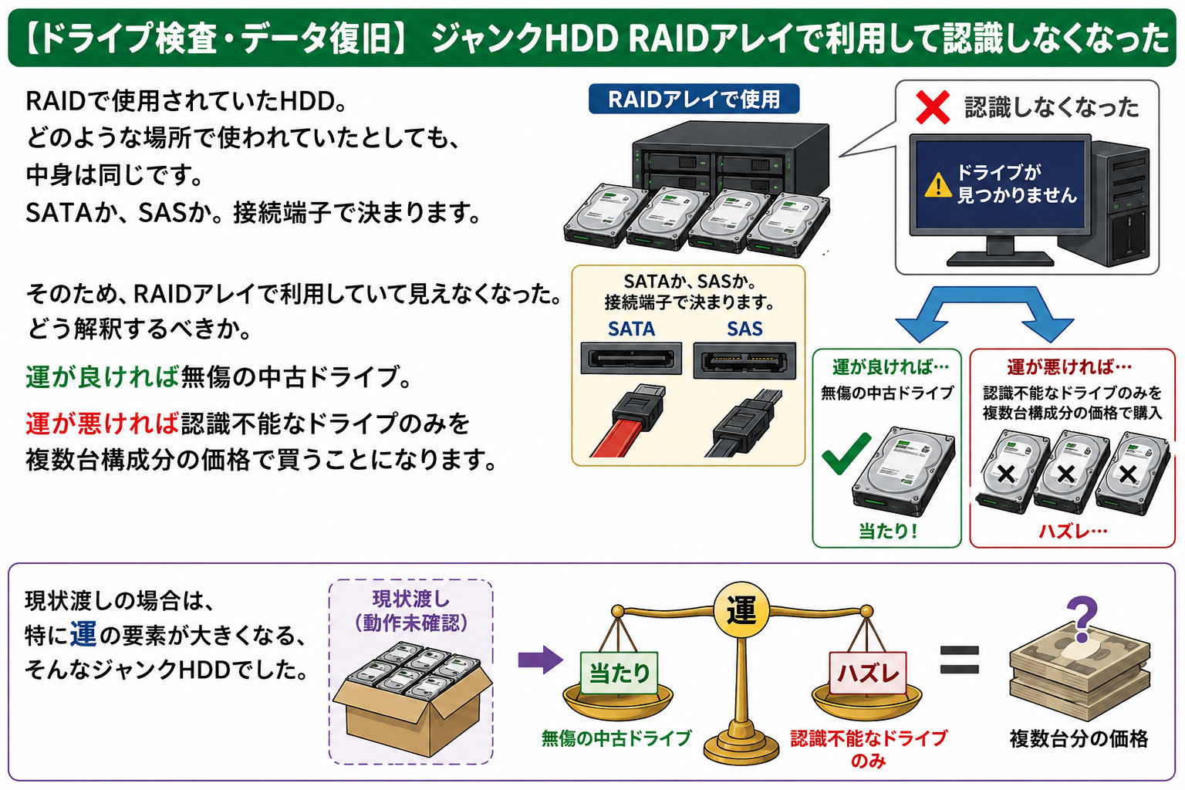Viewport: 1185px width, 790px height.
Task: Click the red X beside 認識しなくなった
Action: pos(933,107)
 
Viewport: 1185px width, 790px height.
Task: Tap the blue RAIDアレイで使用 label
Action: pos(694,99)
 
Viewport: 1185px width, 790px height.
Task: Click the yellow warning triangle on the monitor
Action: pos(938,184)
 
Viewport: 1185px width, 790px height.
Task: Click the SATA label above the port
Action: pos(631,329)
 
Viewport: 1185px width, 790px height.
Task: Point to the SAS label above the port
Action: pos(744,329)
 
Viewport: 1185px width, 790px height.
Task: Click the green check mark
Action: pos(846,453)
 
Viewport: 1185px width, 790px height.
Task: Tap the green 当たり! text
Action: pos(887,531)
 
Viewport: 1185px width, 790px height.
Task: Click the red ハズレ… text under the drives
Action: pos(1073,531)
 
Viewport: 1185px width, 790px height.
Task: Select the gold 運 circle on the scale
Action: pos(741,611)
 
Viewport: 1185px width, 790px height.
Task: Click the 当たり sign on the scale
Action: pos(619,673)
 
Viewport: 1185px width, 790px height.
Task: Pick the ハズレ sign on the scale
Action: pos(868,673)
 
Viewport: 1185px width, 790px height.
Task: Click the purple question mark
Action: pos(1082,616)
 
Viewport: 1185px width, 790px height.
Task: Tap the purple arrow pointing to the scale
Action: pos(540,660)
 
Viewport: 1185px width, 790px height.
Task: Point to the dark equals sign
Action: pos(960,660)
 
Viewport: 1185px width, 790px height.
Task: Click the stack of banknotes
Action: pos(1080,674)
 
